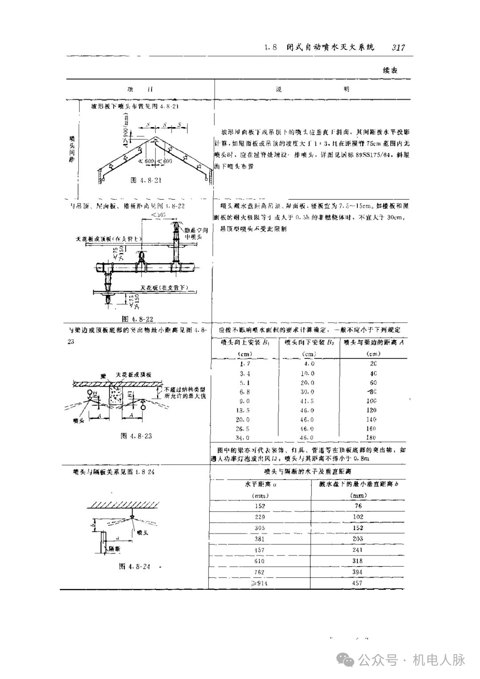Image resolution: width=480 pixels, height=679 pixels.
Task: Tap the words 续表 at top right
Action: click(390, 70)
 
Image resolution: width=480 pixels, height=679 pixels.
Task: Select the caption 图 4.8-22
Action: click(140, 319)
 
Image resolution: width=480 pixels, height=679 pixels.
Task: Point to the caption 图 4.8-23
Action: click(136, 436)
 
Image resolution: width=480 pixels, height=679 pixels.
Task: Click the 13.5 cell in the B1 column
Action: click(244, 410)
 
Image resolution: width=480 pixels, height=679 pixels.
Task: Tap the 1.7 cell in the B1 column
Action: click(244, 363)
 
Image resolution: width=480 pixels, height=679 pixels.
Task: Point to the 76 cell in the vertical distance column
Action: click(358, 506)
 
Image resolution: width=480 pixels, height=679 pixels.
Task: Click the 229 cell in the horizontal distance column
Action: click(260, 517)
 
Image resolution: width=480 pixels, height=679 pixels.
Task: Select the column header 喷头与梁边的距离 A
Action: click(372, 343)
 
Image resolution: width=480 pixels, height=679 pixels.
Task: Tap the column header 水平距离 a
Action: click(261, 483)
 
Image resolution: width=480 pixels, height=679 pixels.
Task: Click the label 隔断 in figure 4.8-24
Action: click(115, 549)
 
